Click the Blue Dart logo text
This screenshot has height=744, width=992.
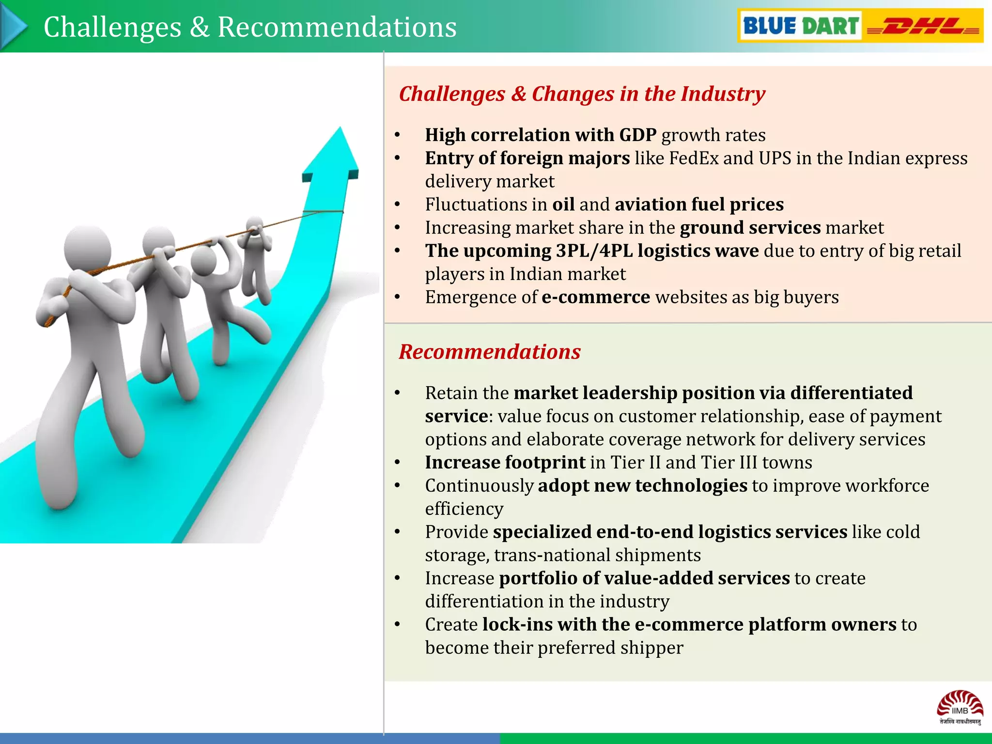[x=800, y=26]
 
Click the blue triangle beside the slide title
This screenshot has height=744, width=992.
[x=14, y=27]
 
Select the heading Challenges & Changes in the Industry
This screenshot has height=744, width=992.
[x=582, y=94]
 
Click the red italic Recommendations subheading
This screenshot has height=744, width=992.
[x=489, y=352]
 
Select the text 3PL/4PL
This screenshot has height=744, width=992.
[x=594, y=251]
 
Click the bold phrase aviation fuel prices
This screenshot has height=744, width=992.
[x=699, y=204]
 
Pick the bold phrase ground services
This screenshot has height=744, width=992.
[x=750, y=228]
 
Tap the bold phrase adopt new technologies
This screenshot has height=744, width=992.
[x=642, y=486]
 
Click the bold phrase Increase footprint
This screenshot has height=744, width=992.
[x=505, y=463]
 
